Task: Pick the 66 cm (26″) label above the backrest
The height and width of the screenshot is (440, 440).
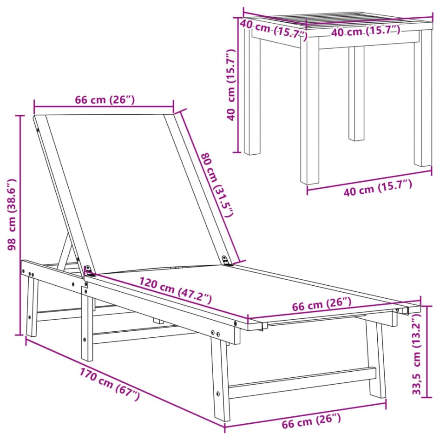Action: (105, 99)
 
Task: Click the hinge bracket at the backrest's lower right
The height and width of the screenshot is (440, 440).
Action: (226, 260)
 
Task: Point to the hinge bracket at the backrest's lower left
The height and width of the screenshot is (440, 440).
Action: (88, 269)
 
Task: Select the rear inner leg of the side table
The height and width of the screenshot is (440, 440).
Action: (356, 93)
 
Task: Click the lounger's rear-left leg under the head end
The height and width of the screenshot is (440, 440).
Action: (32, 307)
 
